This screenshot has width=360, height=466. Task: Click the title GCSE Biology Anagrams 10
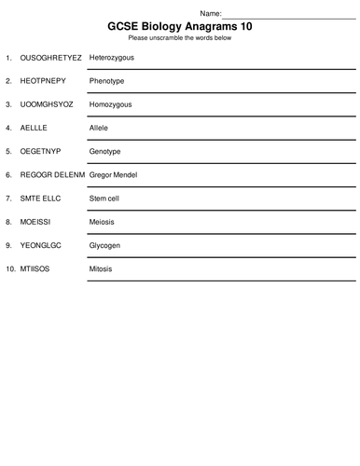coord(180,26)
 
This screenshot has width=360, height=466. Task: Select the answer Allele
coord(100,128)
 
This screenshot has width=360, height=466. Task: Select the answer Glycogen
coord(107,244)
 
